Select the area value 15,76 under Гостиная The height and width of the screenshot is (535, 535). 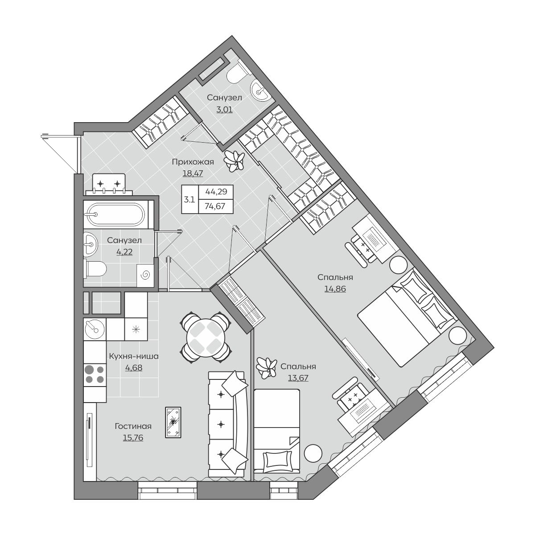click(133, 437)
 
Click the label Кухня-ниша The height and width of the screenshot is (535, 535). click(134, 356)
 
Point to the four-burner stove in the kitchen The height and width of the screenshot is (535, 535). click(95, 374)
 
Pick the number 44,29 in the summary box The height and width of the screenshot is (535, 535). click(216, 192)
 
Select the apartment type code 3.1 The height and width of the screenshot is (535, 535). click(189, 199)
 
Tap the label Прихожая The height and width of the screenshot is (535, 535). click(193, 162)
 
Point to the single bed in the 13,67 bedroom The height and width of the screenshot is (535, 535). click(277, 431)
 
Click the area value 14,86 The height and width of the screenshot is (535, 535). click(335, 289)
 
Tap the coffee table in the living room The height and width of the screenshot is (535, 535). click(173, 422)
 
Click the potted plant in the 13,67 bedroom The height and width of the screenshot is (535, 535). click(266, 367)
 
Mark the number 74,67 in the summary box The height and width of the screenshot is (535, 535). click(215, 206)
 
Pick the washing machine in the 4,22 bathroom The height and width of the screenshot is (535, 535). click(145, 276)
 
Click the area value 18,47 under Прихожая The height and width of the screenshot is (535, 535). click(193, 173)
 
